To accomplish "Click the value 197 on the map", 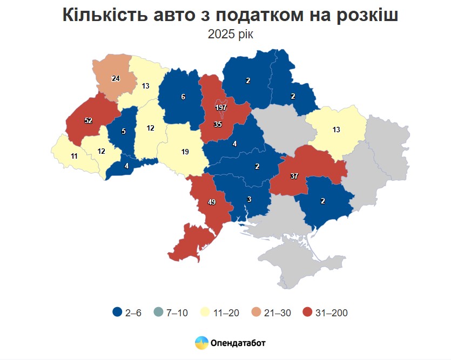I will pyautogui.click(x=220, y=108).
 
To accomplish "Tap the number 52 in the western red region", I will pyautogui.click(x=89, y=121).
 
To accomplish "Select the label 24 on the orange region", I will pyautogui.click(x=116, y=78).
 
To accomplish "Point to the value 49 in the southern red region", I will pyautogui.click(x=211, y=202).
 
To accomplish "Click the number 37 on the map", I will pyautogui.click(x=294, y=176).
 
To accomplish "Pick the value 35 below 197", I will pyautogui.click(x=218, y=124).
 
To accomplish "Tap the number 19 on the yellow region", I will pyautogui.click(x=185, y=152).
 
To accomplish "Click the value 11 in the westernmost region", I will pyautogui.click(x=74, y=157).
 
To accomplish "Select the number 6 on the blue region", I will pyautogui.click(x=183, y=97).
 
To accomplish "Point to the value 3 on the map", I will pyautogui.click(x=248, y=199).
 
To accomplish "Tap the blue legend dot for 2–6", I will pyautogui.click(x=117, y=312).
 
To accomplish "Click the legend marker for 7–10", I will pyautogui.click(x=159, y=312).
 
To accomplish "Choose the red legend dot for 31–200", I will pyautogui.click(x=307, y=312).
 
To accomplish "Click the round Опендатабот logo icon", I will pyautogui.click(x=201, y=342).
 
